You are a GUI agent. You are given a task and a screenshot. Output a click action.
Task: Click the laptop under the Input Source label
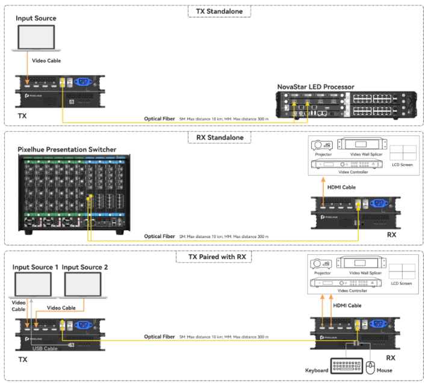[x=36, y=38]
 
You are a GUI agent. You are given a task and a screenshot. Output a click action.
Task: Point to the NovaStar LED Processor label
[x=315, y=87]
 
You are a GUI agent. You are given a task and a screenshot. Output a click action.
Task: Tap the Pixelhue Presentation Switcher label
[x=67, y=149]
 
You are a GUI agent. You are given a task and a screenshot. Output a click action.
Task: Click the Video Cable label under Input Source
[x=46, y=61]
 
